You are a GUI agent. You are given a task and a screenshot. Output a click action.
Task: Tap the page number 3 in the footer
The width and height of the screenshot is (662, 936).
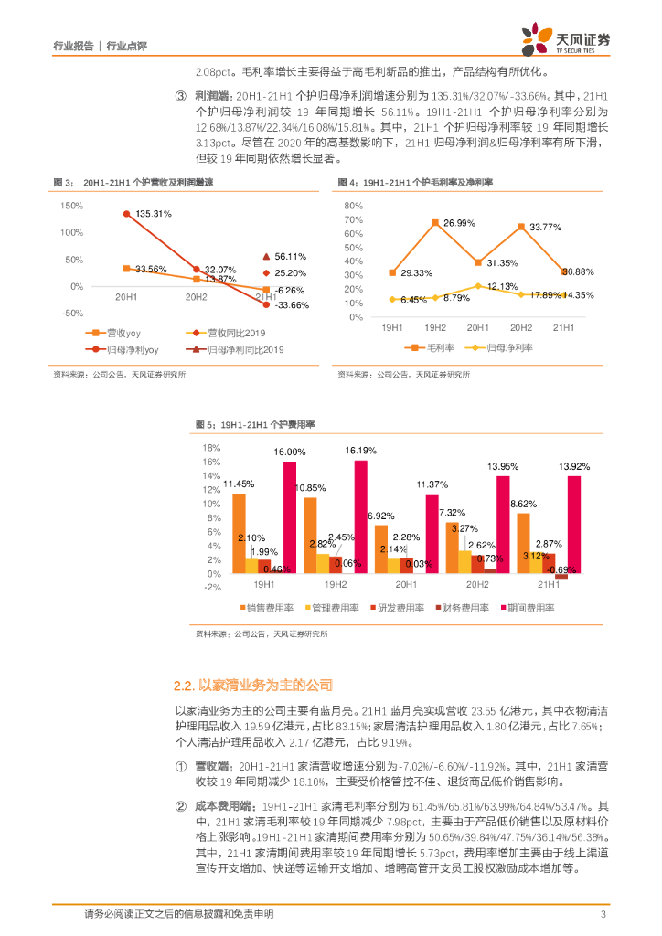pos(603,914)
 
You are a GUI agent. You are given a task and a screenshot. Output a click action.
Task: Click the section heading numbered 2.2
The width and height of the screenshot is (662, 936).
pos(252,685)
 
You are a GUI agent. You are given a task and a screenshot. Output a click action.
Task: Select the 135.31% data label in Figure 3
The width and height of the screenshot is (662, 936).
pos(154,213)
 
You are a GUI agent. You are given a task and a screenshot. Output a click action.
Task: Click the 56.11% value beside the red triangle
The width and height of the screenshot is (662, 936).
pos(290,257)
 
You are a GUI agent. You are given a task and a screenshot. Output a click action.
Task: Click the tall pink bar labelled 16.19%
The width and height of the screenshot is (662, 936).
pos(360,516)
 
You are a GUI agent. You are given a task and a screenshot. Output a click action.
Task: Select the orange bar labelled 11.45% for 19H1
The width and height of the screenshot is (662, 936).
pos(239,533)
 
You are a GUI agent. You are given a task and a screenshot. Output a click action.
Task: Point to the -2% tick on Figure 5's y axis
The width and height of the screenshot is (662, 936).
pos(212,588)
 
